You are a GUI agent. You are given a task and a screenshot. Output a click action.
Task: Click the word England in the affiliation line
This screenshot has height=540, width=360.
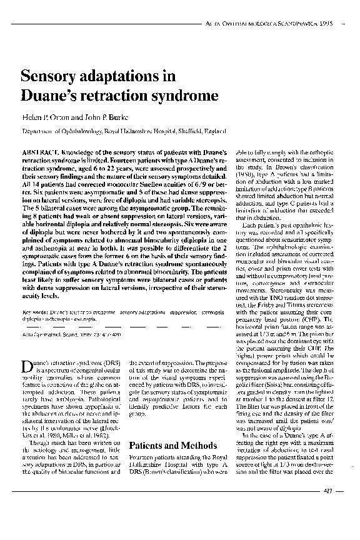pos(211,132)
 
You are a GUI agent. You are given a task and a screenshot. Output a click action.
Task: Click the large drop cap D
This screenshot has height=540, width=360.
pos(27,366)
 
